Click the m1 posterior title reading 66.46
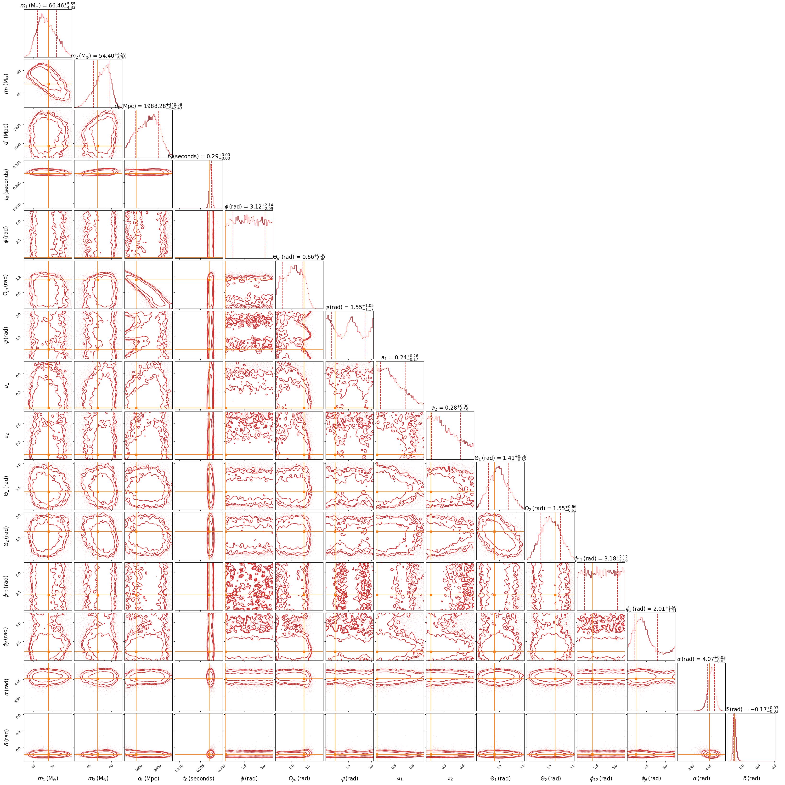coord(48,6)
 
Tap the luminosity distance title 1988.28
coord(148,107)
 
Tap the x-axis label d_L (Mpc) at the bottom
coord(148,778)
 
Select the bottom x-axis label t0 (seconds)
coord(199,778)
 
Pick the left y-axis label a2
coord(6,435)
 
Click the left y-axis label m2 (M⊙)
coord(6,84)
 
